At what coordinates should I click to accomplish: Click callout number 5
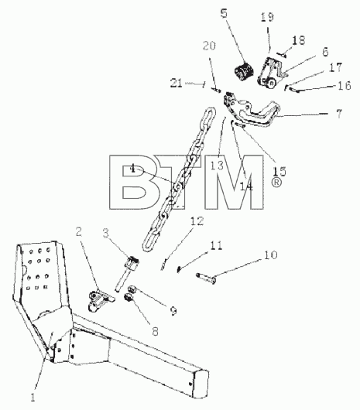coord(224,13)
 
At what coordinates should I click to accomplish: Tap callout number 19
coord(267,17)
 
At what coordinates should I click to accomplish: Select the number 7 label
coord(339,114)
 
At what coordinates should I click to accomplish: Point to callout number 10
coord(270,255)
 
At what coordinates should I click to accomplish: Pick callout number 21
coord(176,83)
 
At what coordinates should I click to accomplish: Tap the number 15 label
coord(279,171)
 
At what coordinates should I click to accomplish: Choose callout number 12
coord(197,221)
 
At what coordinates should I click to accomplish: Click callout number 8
coord(155,331)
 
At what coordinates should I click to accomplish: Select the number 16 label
coord(345,85)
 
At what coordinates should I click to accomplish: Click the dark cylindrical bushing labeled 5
coord(244,71)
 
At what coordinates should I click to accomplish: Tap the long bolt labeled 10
coord(207,278)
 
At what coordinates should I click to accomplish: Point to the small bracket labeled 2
coord(101,300)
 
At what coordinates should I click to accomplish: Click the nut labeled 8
coord(129,297)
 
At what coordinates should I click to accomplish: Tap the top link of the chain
coord(208,117)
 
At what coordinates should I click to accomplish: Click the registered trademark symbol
coord(276,183)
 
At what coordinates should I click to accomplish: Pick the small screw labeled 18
coord(281,55)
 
